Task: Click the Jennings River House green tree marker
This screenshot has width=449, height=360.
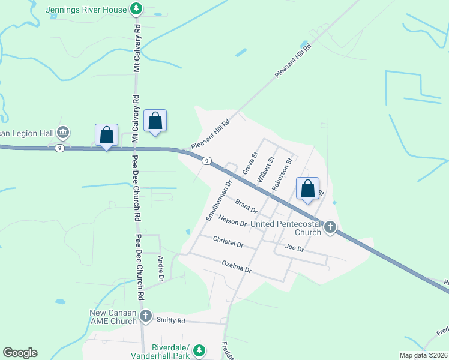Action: (137, 9)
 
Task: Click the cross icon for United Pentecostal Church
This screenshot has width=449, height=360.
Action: (330, 227)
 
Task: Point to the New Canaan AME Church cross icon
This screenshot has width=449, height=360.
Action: (145, 316)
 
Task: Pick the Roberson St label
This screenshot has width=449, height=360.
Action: (283, 174)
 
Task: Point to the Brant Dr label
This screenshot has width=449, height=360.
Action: (246, 206)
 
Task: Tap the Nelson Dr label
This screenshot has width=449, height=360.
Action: (233, 220)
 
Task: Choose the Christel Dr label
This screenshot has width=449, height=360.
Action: (228, 241)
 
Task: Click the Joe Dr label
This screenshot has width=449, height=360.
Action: (295, 247)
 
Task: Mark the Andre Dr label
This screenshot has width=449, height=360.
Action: (160, 269)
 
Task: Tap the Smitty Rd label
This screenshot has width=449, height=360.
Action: (170, 320)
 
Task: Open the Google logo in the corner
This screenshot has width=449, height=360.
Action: (20, 353)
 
